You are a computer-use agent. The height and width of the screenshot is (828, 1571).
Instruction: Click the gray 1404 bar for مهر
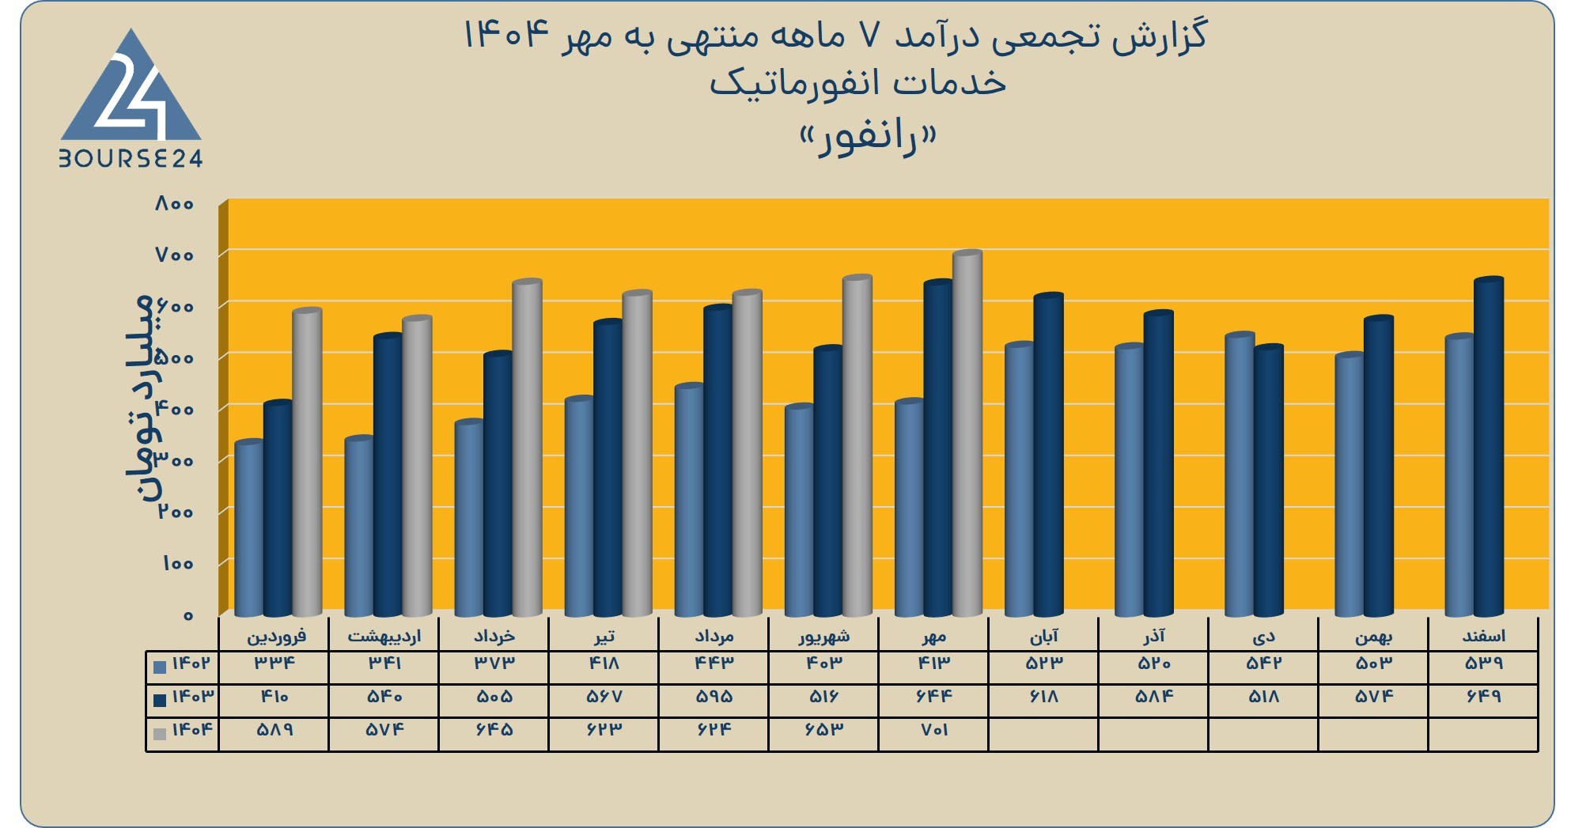(967, 433)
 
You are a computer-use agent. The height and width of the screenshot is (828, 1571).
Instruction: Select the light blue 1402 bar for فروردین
(249, 528)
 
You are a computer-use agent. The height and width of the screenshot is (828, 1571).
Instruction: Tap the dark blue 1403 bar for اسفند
(1489, 447)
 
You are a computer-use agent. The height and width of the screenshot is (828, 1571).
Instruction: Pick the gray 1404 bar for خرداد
(527, 448)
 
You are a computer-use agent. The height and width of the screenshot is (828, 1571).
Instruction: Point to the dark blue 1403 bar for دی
(1269, 481)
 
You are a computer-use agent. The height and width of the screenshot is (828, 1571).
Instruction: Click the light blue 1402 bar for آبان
(1020, 479)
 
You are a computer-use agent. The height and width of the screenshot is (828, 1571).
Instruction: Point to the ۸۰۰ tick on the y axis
(175, 204)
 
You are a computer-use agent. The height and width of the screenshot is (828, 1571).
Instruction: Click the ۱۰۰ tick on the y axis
(178, 564)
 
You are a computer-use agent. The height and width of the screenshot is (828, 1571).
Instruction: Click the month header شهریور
(823, 636)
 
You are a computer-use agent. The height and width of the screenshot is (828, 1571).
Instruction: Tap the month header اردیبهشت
(384, 636)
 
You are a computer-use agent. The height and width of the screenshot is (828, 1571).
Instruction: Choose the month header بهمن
(1373, 637)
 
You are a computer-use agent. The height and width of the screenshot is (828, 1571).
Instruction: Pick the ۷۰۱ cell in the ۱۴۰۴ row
(934, 730)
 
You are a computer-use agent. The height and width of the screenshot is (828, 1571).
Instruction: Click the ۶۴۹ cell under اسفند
(1483, 697)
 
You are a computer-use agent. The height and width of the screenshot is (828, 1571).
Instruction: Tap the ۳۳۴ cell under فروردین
(274, 664)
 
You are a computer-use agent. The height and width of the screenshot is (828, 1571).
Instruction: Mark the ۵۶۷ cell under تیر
(604, 697)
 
